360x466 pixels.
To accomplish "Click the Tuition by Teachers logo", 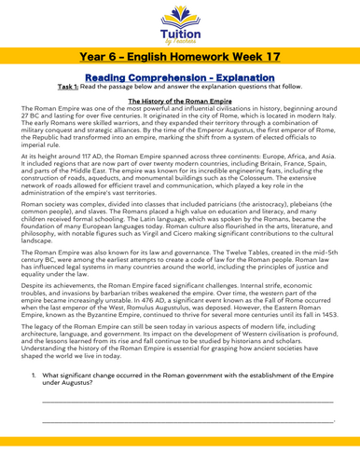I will click(x=180, y=22).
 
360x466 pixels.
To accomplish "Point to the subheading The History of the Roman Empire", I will click(x=180, y=111).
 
